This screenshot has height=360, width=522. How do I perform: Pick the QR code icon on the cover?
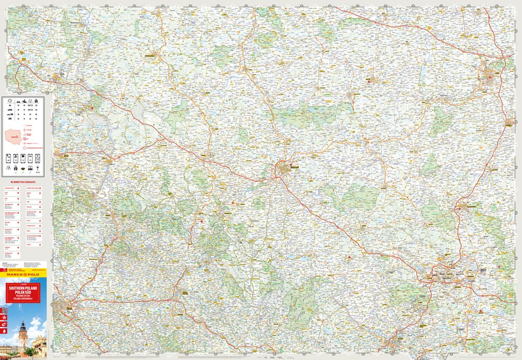click(5, 310)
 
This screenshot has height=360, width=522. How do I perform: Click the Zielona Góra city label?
click(152, 54)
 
